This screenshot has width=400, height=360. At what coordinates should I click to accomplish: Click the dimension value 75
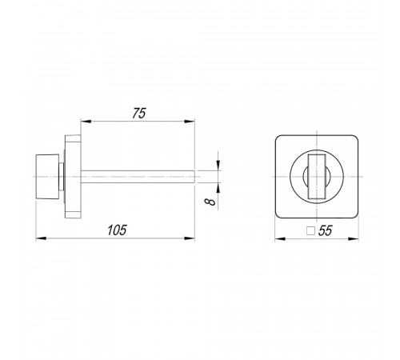coord(139,114)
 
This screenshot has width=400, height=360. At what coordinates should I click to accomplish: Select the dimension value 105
coord(117,230)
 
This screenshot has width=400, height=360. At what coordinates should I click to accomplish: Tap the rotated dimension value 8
coord(210,202)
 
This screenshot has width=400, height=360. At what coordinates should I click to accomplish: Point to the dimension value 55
coord(326,230)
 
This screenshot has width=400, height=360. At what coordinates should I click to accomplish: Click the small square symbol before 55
coord(310,231)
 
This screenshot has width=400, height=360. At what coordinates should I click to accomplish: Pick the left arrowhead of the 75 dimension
coord(86,122)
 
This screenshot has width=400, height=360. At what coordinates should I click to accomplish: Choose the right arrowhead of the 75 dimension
coord(190,122)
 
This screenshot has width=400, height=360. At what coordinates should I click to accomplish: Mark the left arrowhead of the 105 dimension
coord(41,238)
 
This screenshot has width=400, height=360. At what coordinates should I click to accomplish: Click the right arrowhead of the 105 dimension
coord(190,238)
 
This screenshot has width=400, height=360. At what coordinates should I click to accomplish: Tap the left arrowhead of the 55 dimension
coord(280,238)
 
